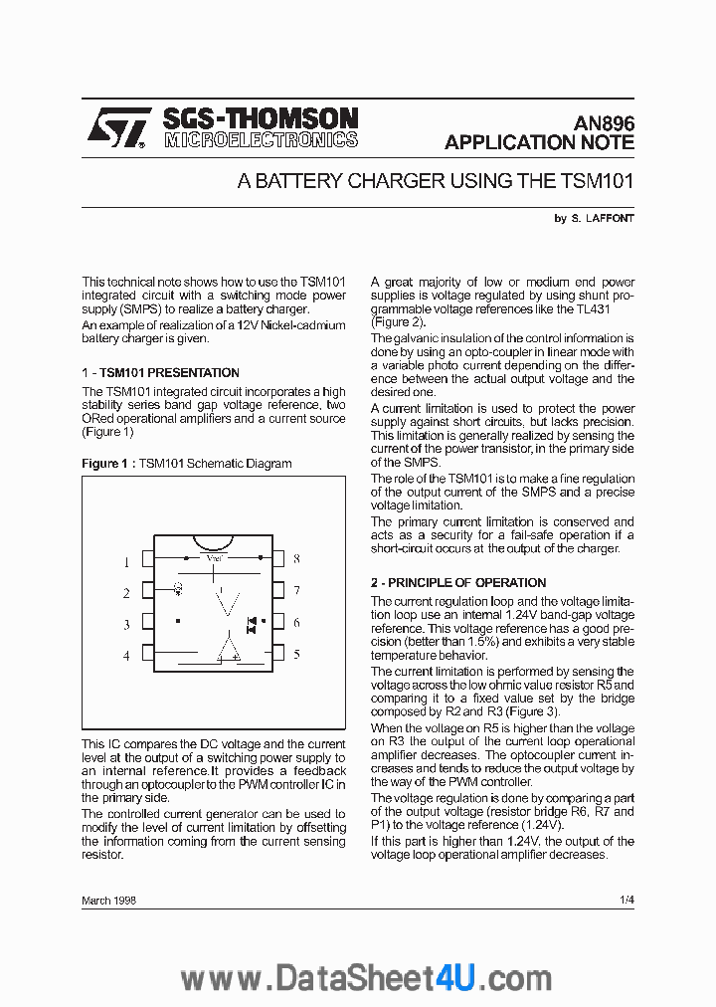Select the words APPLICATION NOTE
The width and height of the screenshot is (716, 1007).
tap(539, 142)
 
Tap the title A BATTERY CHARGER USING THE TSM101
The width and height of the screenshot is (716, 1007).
tap(435, 181)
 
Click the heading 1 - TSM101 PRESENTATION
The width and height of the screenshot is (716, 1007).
tap(160, 373)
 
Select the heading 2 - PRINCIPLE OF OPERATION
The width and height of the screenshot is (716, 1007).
tap(458, 582)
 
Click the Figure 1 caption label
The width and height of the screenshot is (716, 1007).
tap(105, 464)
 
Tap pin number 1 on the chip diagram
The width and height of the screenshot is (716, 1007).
tap(126, 562)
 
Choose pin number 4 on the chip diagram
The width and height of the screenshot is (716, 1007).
tap(126, 656)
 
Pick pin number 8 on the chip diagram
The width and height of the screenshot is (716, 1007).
tap(296, 560)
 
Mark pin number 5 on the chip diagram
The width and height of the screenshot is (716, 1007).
tap(296, 655)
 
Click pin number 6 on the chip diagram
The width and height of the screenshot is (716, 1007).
tap(296, 623)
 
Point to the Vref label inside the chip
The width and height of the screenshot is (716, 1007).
tap(215, 558)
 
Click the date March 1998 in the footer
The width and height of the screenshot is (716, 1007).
tap(108, 900)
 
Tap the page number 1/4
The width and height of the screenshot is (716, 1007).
tap(626, 900)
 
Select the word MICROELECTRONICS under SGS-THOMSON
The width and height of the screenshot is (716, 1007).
tap(261, 140)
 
